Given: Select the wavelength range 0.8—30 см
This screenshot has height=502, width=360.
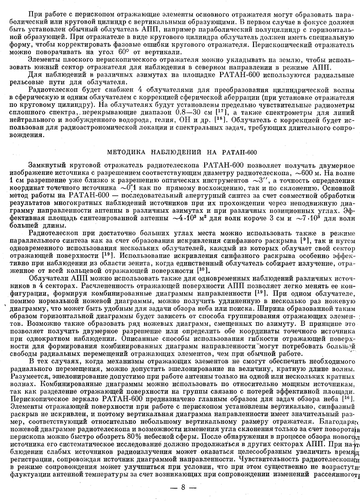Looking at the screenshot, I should pyautogui.click(x=188, y=111).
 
